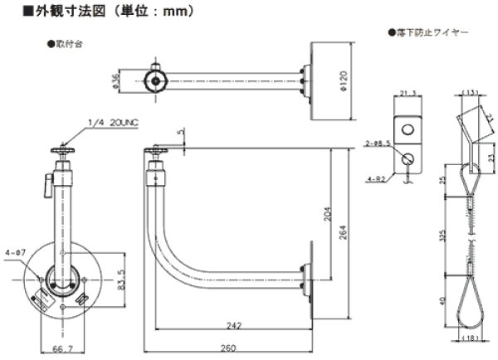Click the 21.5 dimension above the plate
pyautogui.click(x=408, y=94)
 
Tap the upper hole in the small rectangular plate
pyautogui.click(x=408, y=129)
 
